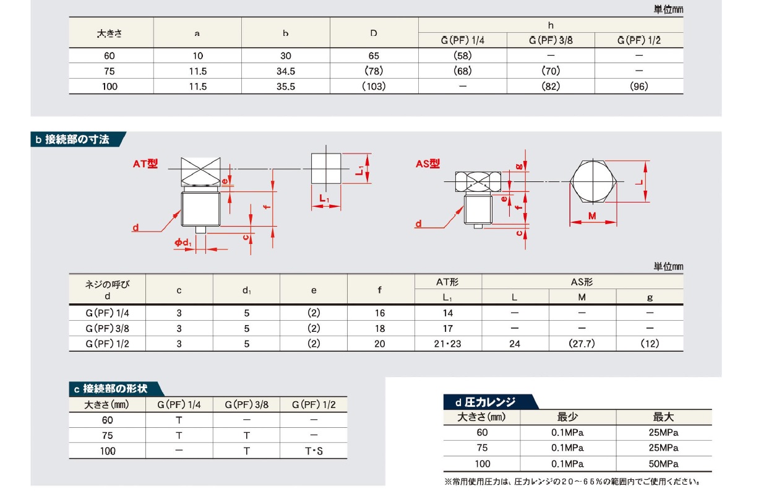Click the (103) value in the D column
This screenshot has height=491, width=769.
pyautogui.click(x=374, y=86)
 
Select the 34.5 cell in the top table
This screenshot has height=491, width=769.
pyautogui.click(x=286, y=71)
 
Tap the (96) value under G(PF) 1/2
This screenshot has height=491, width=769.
pyautogui.click(x=639, y=86)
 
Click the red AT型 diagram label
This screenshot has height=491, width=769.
pyautogui.click(x=145, y=163)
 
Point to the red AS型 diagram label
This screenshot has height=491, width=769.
pyautogui.click(x=427, y=163)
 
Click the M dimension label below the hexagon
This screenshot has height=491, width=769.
pyautogui.click(x=592, y=215)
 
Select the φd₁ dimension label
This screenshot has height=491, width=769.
pyautogui.click(x=183, y=243)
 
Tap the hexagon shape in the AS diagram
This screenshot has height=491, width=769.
pyautogui.click(x=593, y=181)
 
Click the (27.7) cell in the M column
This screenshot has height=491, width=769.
pyautogui.click(x=582, y=344)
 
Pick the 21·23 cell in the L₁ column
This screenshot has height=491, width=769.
pyautogui.click(x=447, y=344)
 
